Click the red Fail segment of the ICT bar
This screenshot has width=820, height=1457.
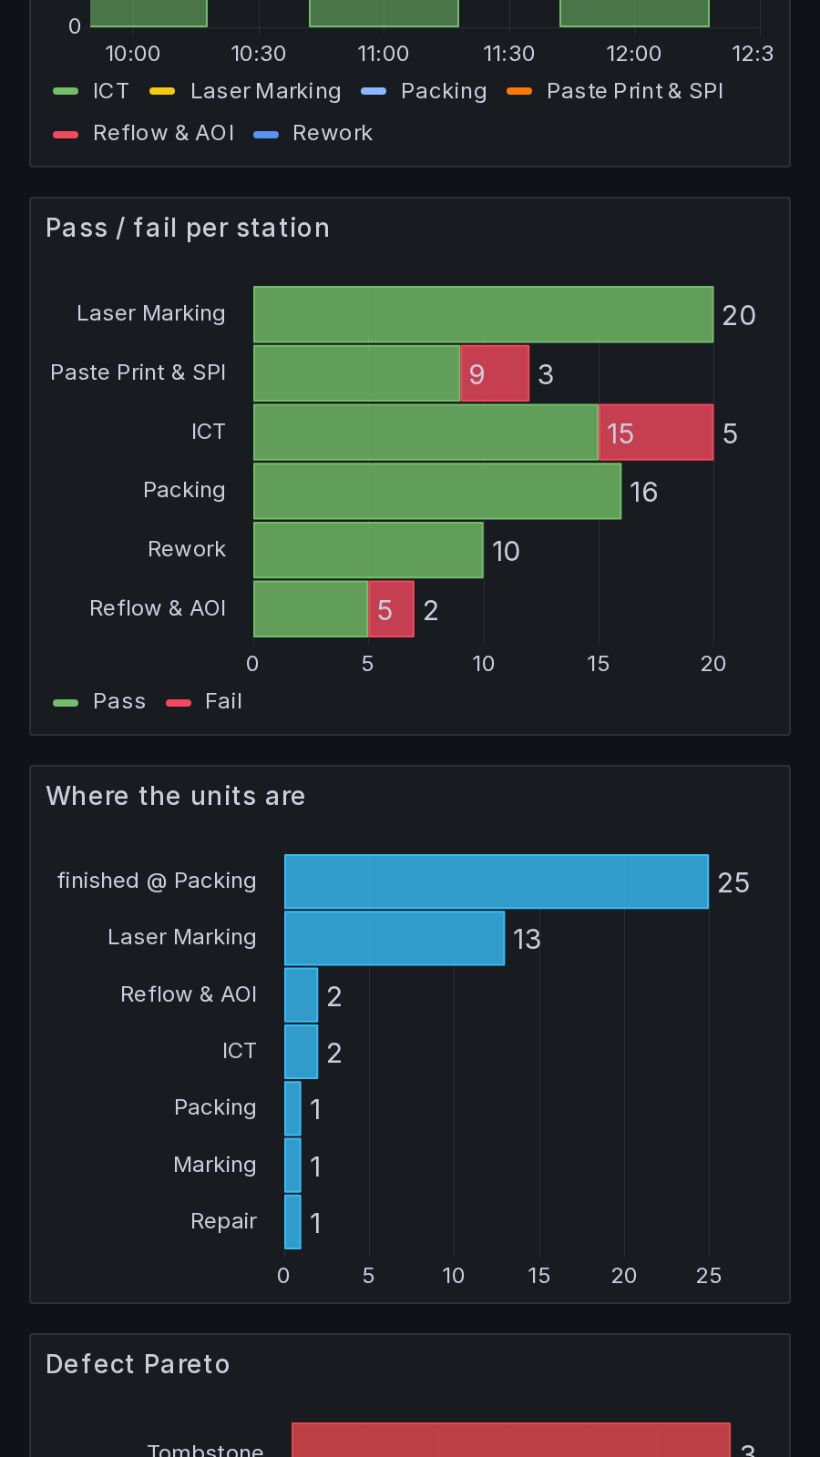pos(656,432)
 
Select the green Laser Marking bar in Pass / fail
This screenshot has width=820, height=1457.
pos(484,314)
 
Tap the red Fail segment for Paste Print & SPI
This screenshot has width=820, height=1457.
pos(495,373)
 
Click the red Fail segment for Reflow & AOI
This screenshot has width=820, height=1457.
pos(391,609)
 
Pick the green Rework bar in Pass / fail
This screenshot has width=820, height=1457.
pos(368,550)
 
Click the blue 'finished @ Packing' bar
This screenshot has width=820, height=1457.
pos(497,881)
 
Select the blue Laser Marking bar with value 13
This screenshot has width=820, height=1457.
pos(395,938)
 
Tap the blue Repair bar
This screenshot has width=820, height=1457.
pos(292,1221)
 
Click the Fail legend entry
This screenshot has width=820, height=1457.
pos(204,701)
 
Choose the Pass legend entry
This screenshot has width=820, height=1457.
pos(99,701)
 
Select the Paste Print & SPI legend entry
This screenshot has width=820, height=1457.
pos(615,91)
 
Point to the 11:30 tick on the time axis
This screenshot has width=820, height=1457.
pos(509,54)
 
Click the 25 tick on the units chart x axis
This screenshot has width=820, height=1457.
pos(709,1276)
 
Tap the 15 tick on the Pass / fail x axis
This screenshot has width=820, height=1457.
pos(598,664)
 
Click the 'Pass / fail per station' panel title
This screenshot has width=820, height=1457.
pos(188,229)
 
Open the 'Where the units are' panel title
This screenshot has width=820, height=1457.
pos(176,796)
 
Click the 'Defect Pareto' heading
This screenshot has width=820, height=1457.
pos(138,1364)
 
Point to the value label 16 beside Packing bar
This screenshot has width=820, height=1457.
pos(643,493)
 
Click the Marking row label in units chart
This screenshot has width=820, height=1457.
pos(215,1165)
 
